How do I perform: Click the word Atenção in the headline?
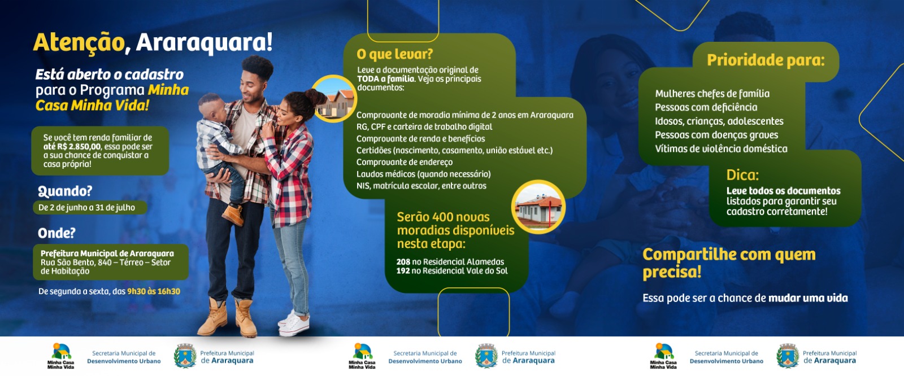(79, 43)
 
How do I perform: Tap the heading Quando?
(65, 191)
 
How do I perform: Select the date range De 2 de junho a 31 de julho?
(87, 208)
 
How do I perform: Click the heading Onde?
(56, 233)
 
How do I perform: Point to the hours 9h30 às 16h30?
(154, 291)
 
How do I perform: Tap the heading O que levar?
(394, 54)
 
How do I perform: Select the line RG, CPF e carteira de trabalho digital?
(424, 126)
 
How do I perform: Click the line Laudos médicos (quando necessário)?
(423, 174)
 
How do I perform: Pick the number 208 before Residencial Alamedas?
(403, 262)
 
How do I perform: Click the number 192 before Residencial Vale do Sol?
(403, 270)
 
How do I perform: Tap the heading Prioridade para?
(766, 60)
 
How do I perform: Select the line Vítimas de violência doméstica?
(721, 149)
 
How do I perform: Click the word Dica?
(742, 175)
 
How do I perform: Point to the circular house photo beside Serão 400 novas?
(538, 207)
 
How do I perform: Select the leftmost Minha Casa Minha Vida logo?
(61, 356)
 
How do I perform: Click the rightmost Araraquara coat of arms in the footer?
(788, 356)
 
